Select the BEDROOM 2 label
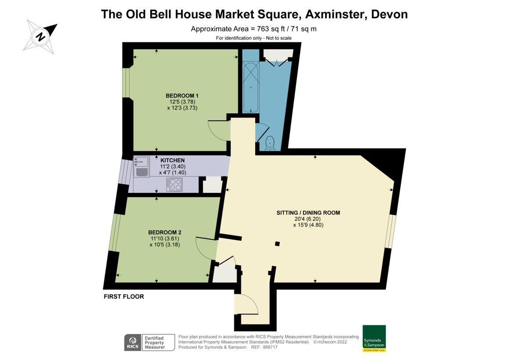[165, 233]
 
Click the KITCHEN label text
[173, 160]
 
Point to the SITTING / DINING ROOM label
[308, 213]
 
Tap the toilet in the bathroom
[270, 143]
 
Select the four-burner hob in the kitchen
[174, 185]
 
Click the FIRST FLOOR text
[124, 297]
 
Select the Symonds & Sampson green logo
[374, 338]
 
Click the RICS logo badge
[133, 342]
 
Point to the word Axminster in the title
[336, 14]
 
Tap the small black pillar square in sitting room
[277, 244]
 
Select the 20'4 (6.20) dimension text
[308, 219]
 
